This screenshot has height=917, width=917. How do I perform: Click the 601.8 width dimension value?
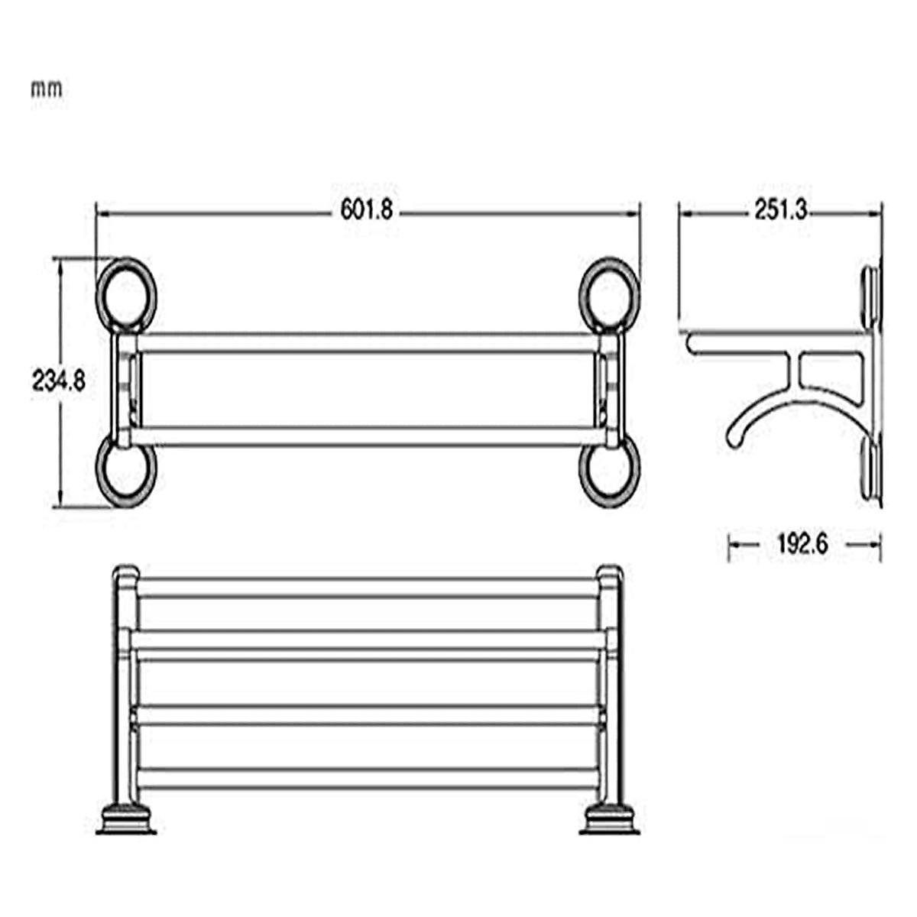coord(367,211)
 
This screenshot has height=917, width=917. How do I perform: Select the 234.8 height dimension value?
coord(58,380)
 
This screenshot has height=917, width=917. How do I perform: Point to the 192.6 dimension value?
coord(803,544)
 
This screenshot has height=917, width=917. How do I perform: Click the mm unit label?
coord(47,89)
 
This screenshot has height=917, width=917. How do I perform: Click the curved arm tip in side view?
coord(732,439)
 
